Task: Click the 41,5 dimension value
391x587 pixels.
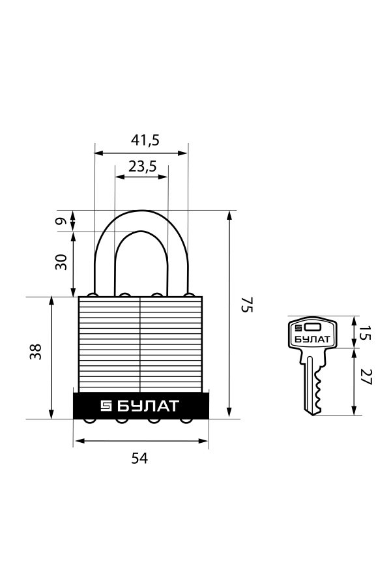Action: click(145, 140)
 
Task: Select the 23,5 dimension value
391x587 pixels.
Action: click(142, 166)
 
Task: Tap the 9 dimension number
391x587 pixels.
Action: click(61, 220)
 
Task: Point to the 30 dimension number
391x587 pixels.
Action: click(61, 262)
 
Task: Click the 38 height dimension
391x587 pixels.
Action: click(36, 352)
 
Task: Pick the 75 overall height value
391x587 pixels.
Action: click(248, 305)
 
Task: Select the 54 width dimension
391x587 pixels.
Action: click(139, 458)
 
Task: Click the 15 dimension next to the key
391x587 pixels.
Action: click(364, 333)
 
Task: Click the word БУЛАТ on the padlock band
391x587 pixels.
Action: click(148, 406)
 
